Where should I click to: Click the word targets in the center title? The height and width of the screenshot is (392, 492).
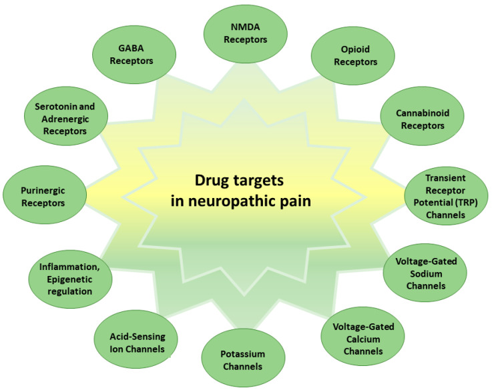262,179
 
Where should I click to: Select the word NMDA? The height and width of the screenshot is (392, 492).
246,27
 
